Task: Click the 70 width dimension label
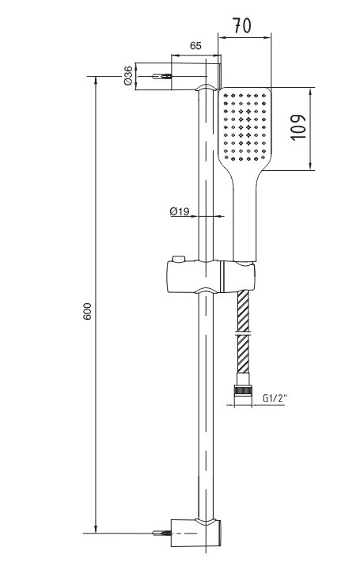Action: pyautogui.click(x=241, y=26)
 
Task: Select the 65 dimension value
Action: pyautogui.click(x=195, y=46)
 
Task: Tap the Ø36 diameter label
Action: pyautogui.click(x=128, y=76)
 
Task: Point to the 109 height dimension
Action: pyautogui.click(x=298, y=127)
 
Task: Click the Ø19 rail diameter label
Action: pyautogui.click(x=180, y=211)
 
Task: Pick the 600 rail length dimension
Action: pyautogui.click(x=88, y=311)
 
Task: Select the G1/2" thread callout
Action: pyautogui.click(x=275, y=398)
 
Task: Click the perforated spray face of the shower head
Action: pyautogui.click(x=245, y=127)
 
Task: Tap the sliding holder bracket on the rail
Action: pyautogui.click(x=210, y=276)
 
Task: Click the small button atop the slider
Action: pyautogui.click(x=179, y=259)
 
